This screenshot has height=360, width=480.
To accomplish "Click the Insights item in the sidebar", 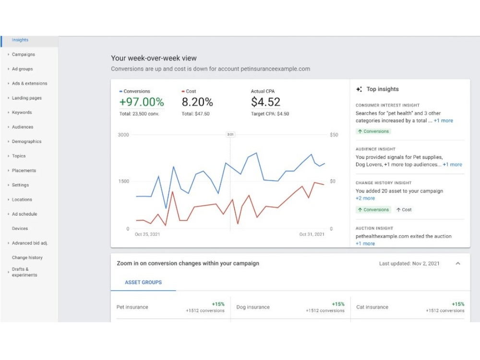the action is click(20, 40).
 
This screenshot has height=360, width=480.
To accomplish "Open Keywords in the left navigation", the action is click(22, 112).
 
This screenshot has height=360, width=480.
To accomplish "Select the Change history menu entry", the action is click(27, 257).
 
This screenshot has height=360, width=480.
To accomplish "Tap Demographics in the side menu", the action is click(26, 142).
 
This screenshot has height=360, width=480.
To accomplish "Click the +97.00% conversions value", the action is click(142, 102).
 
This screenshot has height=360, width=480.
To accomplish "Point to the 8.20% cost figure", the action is click(197, 102).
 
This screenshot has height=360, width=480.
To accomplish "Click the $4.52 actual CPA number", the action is click(265, 102).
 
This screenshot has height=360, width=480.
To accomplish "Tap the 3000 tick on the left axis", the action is click(123, 135).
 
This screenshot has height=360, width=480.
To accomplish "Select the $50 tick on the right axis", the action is click(334, 135).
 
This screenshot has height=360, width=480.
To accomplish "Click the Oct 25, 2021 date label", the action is click(147, 234).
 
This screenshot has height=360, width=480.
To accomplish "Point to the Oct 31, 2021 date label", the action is click(312, 234).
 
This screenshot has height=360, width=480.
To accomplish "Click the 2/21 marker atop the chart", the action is click(230, 134).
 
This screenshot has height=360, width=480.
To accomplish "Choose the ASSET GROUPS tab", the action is click(143, 282).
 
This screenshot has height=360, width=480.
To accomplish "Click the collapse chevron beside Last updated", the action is click(458, 263).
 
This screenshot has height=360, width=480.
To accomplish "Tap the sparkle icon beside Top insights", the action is click(359, 89).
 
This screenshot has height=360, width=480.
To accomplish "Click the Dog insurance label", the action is click(253, 307).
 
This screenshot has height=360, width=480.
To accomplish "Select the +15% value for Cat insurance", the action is click(458, 304).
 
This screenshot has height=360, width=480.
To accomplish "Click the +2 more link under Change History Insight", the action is click(365, 198).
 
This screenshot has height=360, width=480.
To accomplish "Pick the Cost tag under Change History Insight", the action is click(404, 210).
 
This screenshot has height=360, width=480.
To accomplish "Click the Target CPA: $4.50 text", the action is click(270, 114).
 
